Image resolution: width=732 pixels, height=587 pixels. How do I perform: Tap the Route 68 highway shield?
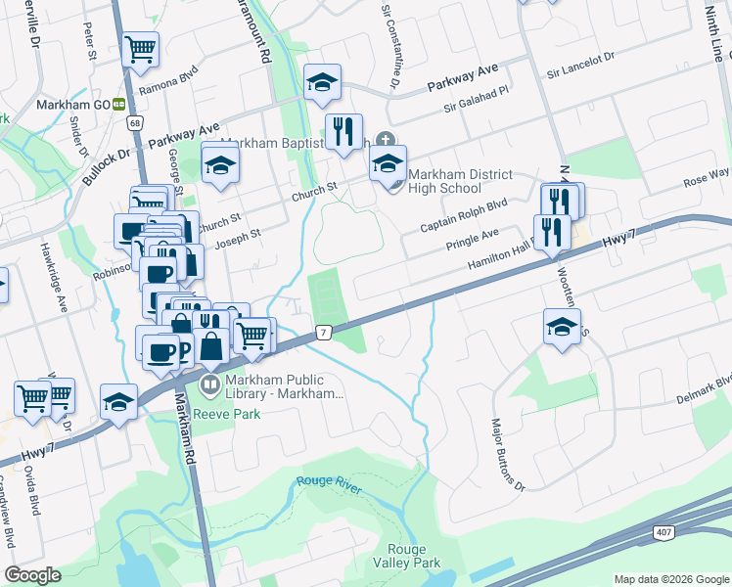(134, 122)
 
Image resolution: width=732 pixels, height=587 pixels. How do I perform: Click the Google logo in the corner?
(34, 575)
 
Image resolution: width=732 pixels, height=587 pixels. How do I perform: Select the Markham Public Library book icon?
(209, 385)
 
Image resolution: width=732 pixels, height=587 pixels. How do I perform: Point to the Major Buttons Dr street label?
(506, 454)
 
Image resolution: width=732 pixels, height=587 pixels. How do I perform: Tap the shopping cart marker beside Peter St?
(141, 49)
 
